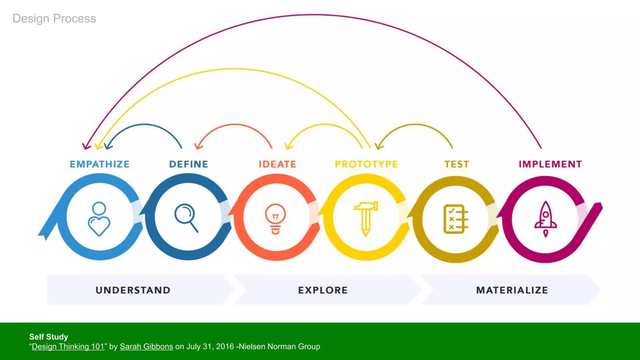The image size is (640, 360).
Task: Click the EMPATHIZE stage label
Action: (99, 164)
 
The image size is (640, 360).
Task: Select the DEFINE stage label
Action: (188, 164)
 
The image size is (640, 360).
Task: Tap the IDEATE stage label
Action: (277, 164)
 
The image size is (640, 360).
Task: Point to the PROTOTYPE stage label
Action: (366, 164)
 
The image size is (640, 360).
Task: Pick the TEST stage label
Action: (457, 164)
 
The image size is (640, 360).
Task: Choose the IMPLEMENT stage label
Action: (550, 164)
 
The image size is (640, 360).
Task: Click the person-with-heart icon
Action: (99, 219)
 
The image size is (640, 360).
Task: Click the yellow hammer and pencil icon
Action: (366, 218)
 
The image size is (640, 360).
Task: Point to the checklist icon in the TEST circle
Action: (456, 219)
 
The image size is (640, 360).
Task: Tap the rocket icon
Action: (546, 219)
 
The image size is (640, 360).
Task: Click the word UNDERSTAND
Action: (133, 290)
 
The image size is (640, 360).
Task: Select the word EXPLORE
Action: (322, 290)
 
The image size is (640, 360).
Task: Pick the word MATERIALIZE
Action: (512, 290)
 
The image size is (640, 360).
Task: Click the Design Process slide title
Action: (54, 18)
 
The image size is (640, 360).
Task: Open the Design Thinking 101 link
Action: (68, 347)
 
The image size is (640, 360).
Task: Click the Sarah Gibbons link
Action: (146, 347)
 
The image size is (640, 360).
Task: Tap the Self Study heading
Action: (48, 337)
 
